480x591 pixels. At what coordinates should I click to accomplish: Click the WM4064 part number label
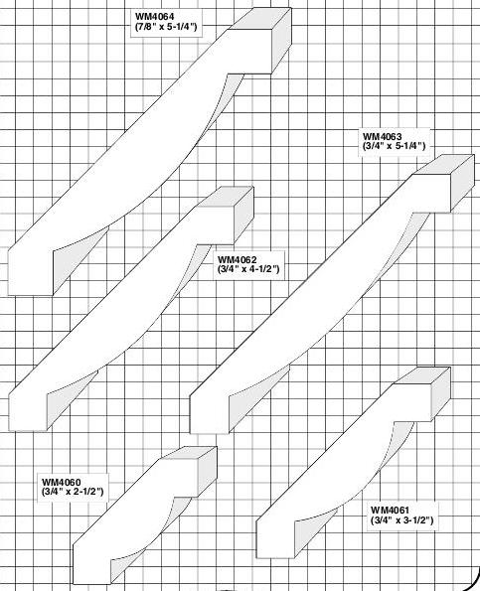tap(155, 17)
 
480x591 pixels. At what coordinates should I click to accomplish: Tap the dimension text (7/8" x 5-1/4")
tap(166, 27)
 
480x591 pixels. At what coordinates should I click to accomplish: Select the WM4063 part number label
tap(383, 136)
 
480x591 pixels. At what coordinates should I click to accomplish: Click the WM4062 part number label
tap(237, 259)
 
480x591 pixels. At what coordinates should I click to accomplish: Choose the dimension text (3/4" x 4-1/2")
tap(248, 269)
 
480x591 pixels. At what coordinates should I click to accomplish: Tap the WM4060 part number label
tap(62, 482)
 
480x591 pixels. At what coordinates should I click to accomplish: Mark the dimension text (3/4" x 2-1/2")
tap(73, 492)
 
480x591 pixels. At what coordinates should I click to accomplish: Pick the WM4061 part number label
tap(390, 510)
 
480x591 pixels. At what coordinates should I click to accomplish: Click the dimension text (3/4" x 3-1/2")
tap(401, 520)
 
